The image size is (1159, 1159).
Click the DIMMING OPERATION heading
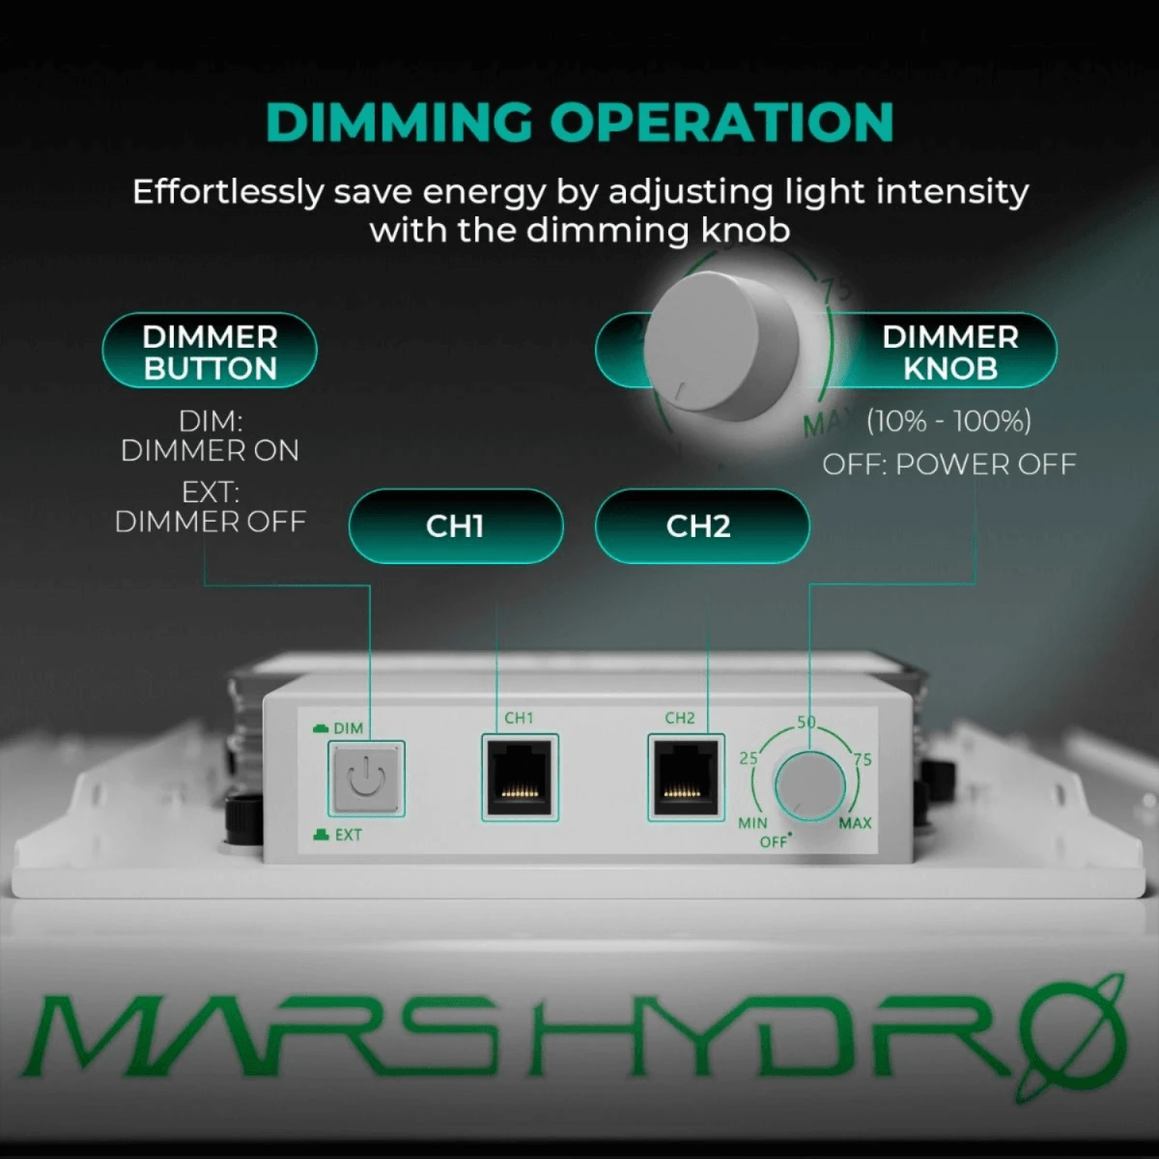(579, 123)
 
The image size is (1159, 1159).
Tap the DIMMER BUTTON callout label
(210, 352)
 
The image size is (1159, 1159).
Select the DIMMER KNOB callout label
(949, 352)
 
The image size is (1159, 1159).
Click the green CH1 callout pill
(455, 526)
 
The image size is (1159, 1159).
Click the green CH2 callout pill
(698, 526)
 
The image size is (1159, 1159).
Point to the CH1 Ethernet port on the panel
(520, 777)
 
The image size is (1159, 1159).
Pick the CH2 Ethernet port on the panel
(685, 777)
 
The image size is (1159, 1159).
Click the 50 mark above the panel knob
(806, 721)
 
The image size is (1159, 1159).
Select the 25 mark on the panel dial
(749, 758)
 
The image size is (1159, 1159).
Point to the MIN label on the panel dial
(752, 824)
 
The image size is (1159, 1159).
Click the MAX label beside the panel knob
(855, 823)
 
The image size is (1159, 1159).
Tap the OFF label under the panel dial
(774, 842)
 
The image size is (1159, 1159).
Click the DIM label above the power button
(348, 728)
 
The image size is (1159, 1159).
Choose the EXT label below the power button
(348, 834)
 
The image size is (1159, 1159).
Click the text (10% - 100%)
(948, 421)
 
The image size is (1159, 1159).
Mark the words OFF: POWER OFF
(948, 465)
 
